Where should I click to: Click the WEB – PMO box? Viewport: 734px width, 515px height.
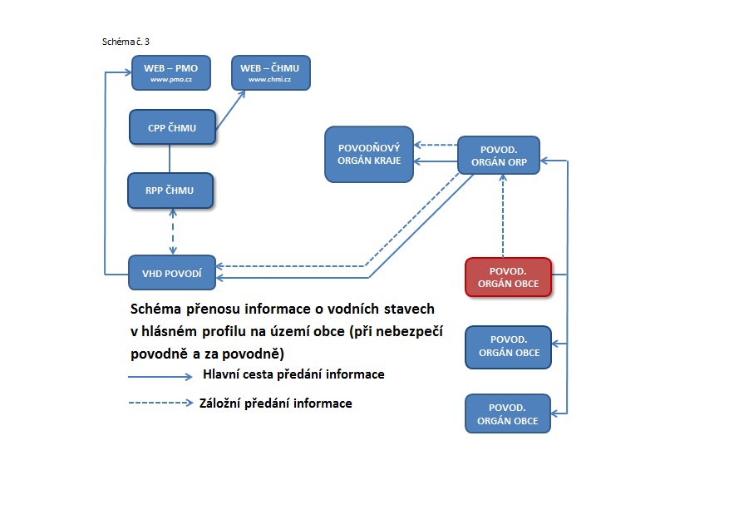coord(170,72)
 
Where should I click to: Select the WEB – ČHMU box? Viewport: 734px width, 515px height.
coord(270,72)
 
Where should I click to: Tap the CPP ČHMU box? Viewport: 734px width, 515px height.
coord(172,126)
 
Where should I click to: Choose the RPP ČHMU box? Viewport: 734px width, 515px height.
coord(170,191)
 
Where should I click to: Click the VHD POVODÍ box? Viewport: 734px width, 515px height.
coord(172,272)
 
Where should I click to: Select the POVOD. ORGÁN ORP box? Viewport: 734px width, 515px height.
coord(498,155)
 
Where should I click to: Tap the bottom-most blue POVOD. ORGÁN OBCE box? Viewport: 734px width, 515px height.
coord(508,414)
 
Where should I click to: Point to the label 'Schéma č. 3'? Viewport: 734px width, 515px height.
coord(125,41)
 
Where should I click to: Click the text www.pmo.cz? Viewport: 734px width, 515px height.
coord(170,80)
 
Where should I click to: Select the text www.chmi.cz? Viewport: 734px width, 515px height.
coord(270,80)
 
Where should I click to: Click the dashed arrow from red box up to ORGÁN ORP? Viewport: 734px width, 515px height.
coord(503,216)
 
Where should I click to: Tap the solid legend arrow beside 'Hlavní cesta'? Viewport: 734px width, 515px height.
coord(160,376)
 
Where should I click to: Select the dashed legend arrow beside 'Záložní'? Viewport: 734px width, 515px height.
coord(160,404)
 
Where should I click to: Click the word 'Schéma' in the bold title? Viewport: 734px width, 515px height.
coord(157,309)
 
